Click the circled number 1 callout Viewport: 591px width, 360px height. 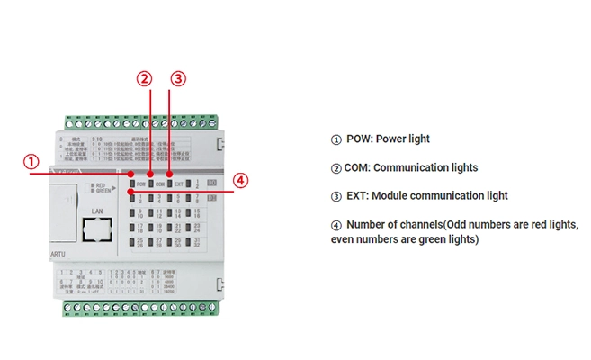[31, 162]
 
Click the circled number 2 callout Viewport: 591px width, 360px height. [145, 78]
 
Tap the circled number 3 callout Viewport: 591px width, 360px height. [178, 78]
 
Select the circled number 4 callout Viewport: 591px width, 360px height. [240, 179]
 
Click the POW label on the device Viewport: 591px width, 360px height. [141, 184]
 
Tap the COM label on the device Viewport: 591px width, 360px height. [160, 184]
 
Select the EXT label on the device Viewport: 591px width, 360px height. [178, 184]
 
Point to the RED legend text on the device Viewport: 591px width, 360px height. [102, 184]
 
